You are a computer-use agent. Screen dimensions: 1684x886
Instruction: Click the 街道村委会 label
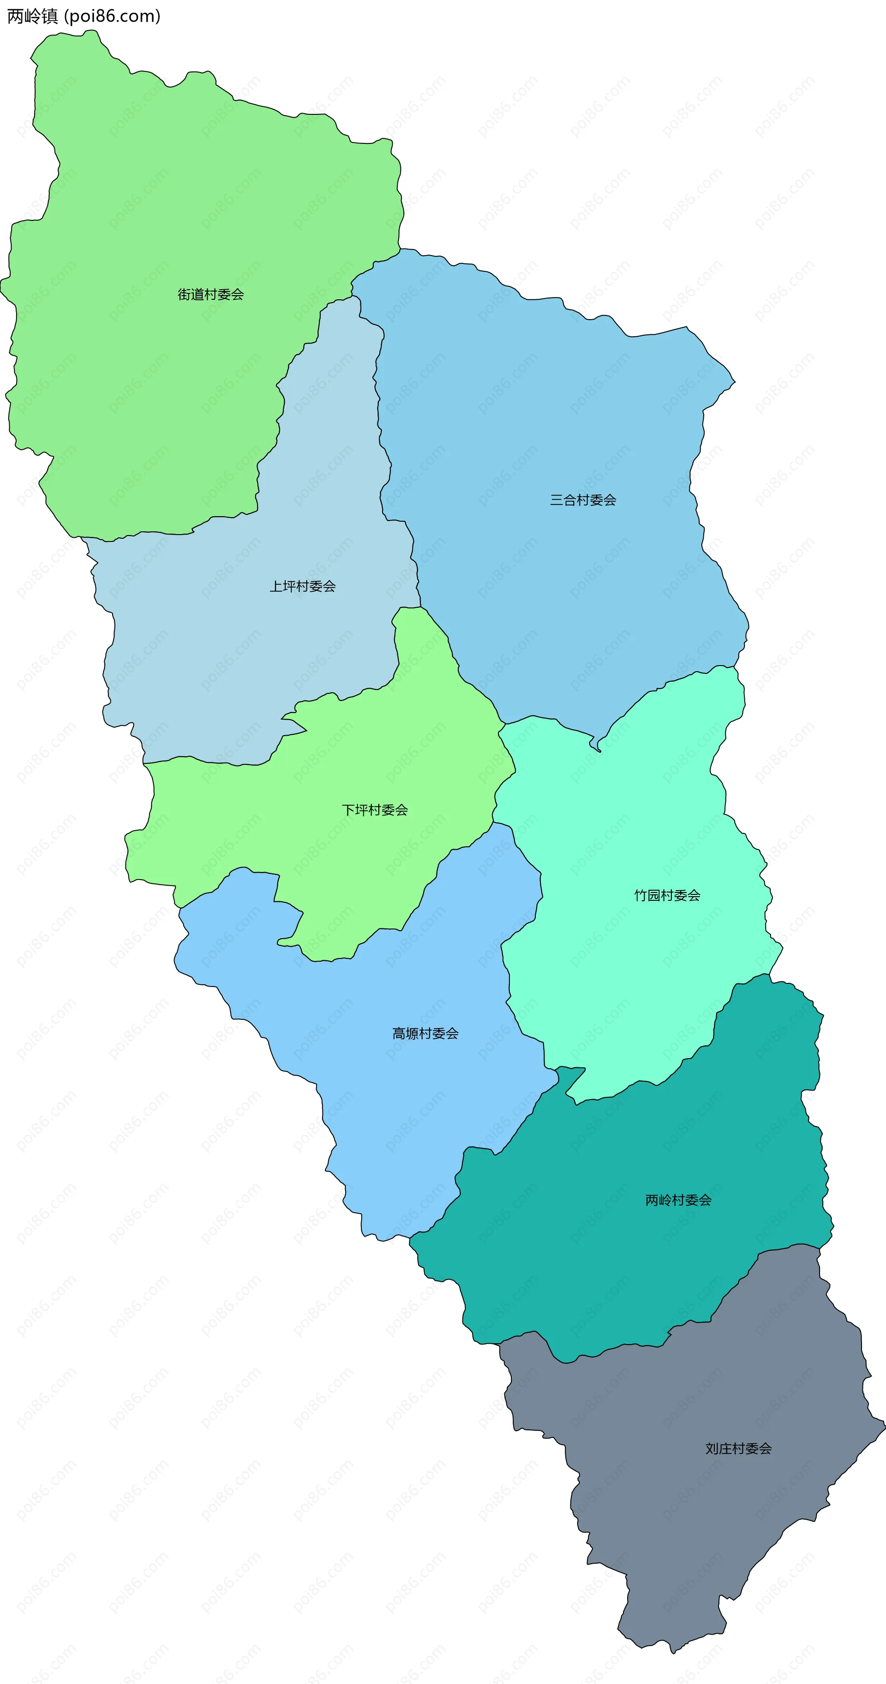click(210, 294)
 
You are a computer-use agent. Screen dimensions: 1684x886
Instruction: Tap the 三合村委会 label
click(583, 500)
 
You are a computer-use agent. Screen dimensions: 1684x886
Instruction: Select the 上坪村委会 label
click(303, 586)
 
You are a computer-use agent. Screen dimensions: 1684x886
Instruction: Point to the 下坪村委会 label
click(375, 810)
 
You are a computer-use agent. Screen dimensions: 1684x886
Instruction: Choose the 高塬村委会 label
click(425, 1034)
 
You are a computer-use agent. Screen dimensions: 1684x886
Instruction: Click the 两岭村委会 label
click(678, 1200)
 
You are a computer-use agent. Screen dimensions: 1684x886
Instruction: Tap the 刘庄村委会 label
click(738, 1449)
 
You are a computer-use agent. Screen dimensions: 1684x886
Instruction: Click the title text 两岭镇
click(33, 16)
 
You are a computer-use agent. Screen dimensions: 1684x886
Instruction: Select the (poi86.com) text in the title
click(112, 16)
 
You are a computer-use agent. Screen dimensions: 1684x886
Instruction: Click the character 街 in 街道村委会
click(185, 294)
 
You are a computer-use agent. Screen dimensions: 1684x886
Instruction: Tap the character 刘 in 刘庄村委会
click(712, 1449)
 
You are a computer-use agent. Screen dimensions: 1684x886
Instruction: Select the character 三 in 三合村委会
click(557, 500)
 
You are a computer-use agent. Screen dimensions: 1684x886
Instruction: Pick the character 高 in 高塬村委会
click(399, 1034)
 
